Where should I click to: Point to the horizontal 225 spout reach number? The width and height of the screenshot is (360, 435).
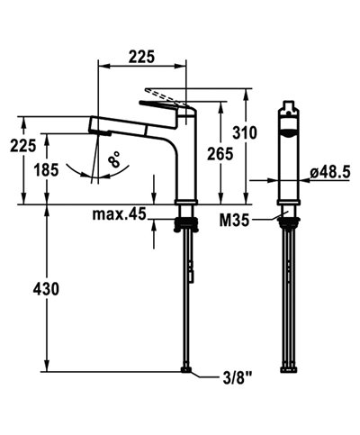(139, 56)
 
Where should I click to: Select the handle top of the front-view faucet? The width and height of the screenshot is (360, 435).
(287, 110)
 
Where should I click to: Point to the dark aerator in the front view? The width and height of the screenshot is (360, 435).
(287, 131)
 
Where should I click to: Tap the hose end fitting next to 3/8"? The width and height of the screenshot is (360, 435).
(186, 371)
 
